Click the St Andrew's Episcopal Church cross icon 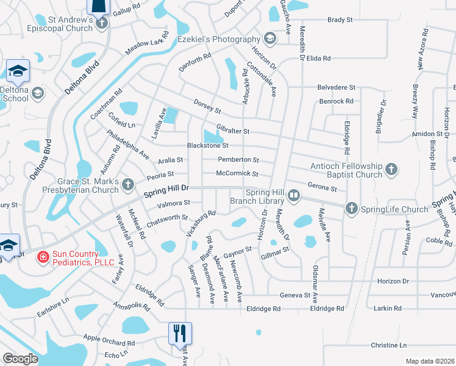tap(102, 23)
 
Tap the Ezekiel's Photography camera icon tap(269, 40)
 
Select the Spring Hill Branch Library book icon tap(294, 196)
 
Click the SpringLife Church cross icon tap(351, 209)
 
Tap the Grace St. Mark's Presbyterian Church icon tap(127, 184)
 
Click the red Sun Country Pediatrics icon tap(43, 257)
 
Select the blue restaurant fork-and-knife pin tap(180, 333)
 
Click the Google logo tap(20, 359)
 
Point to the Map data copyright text tap(430, 361)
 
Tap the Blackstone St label tap(207, 146)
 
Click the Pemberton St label tap(238, 160)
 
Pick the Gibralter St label tap(233, 131)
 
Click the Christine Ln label tap(388, 345)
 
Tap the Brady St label tap(340, 20)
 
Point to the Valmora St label tap(174, 203)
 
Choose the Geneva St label tap(295, 295)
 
